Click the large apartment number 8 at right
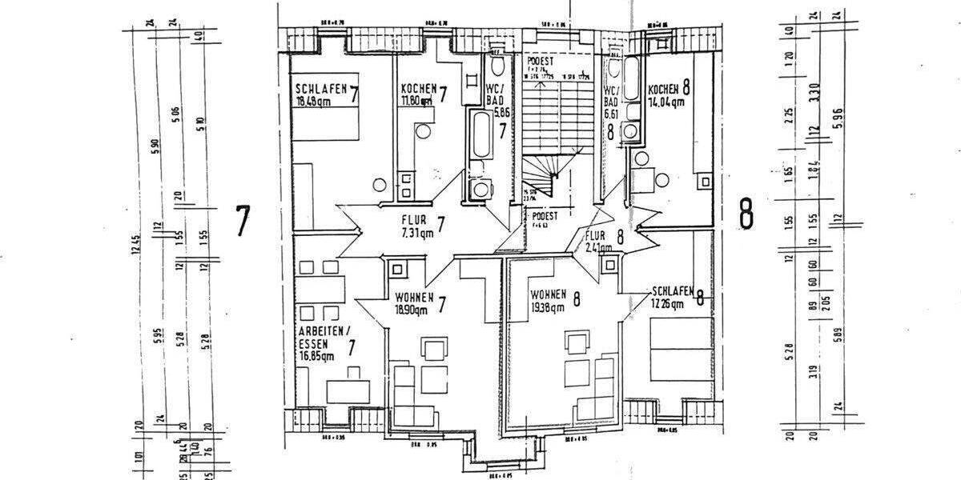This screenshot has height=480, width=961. (746, 214)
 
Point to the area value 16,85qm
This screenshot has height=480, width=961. (316, 358)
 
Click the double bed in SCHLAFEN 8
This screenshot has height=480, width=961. (680, 346)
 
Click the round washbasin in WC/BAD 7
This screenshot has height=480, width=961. (482, 189)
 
